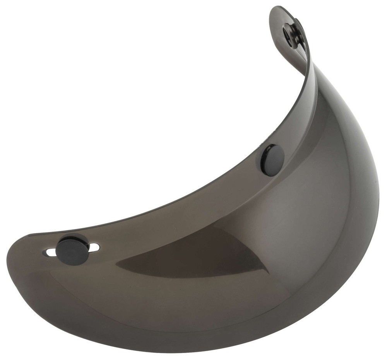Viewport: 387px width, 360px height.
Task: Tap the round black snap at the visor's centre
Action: click(272, 160)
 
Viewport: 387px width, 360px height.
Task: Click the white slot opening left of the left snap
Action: click(50, 253)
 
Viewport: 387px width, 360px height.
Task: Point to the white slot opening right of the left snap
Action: click(94, 247)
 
